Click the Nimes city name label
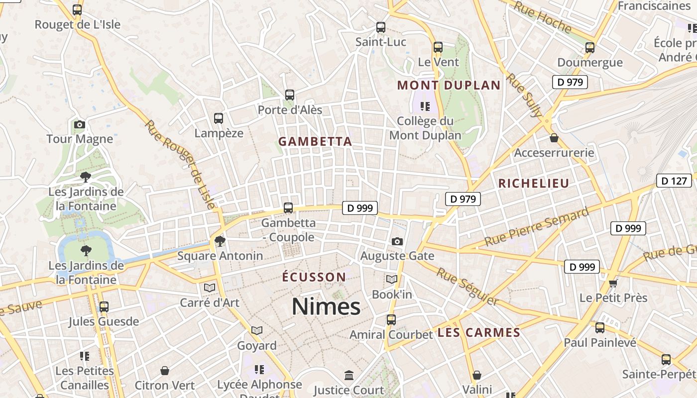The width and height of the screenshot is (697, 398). [x=326, y=306]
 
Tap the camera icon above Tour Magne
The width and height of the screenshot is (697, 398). [x=80, y=124]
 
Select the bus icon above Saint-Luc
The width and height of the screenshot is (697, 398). [x=381, y=27]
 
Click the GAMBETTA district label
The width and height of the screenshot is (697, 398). [x=315, y=142]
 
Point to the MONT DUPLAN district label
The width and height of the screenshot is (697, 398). [x=449, y=85]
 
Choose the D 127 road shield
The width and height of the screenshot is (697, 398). [x=674, y=181]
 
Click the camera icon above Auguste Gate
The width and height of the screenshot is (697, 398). [x=397, y=241]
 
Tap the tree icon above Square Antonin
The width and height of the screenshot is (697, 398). [x=220, y=241]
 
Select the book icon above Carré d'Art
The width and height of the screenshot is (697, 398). [x=210, y=288]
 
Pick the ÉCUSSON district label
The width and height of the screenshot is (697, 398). [x=314, y=277]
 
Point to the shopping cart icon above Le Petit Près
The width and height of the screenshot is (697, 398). [x=613, y=283]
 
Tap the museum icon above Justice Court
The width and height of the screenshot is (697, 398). [x=349, y=375]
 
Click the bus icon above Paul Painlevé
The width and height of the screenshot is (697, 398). [x=600, y=327]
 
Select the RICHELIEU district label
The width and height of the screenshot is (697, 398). [x=534, y=184]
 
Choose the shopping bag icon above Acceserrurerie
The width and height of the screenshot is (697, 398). [x=554, y=138]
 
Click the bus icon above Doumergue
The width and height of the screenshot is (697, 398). [x=590, y=48]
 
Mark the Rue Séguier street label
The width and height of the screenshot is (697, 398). [x=467, y=286]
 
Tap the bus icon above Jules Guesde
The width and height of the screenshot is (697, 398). [x=104, y=307]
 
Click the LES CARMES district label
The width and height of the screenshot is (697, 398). [x=479, y=333]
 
